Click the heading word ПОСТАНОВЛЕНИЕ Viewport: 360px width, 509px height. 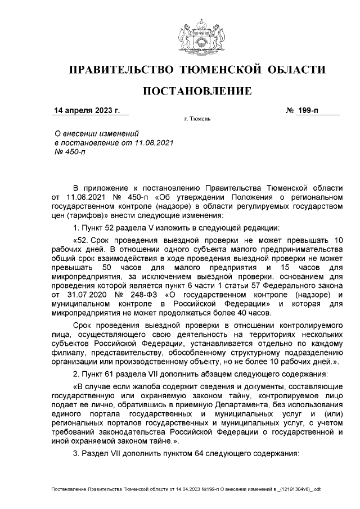tap(196, 91)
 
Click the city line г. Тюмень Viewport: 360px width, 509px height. tap(197, 119)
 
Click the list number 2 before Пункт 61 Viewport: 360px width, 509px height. tap(76, 374)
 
